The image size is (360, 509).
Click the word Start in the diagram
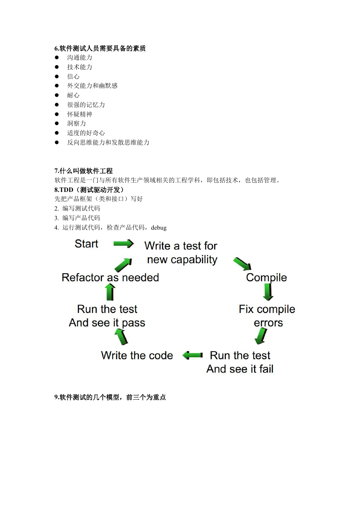click(86, 244)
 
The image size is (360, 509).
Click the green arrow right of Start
click(123, 244)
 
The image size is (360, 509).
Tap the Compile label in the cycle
click(266, 278)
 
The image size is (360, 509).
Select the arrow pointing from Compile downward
click(268, 292)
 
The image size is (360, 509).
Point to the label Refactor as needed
click(110, 277)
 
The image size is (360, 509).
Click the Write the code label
click(137, 355)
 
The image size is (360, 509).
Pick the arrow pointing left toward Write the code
click(193, 355)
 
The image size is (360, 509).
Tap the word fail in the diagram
click(266, 369)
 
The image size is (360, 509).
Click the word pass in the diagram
click(133, 323)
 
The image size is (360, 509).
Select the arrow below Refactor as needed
click(110, 293)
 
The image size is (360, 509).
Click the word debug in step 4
click(159, 228)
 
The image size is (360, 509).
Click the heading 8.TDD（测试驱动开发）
click(89, 189)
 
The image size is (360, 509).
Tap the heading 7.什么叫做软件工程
click(84, 171)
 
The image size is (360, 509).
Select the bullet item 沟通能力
click(80, 58)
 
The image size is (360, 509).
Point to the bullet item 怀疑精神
click(80, 114)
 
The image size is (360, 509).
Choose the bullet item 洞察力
click(76, 124)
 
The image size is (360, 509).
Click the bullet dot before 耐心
click(57, 95)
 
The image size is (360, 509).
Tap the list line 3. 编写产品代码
click(77, 218)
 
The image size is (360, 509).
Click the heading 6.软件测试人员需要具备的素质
click(100, 48)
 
